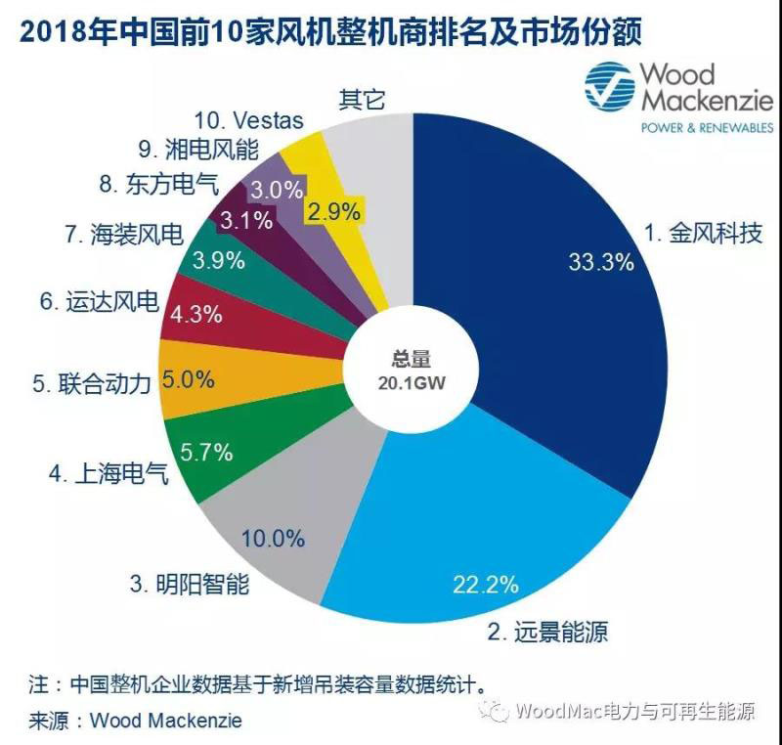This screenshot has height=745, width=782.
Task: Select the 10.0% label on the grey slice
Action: point(274,538)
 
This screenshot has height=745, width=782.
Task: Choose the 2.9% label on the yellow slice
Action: point(335,210)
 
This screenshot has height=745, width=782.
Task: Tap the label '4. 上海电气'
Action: point(109,477)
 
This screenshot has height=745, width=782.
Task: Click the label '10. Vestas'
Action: point(248,121)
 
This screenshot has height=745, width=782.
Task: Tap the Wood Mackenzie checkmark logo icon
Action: point(608,87)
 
